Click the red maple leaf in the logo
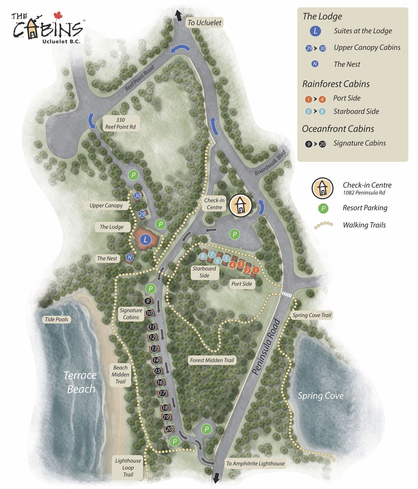58,15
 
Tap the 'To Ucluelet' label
204,23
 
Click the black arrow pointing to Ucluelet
178,15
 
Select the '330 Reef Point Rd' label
120,123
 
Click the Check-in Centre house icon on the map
240,205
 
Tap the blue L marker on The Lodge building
146,239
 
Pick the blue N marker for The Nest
130,257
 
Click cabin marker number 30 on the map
138,195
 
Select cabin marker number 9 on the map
148,301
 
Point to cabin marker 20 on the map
169,429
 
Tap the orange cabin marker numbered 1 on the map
256,270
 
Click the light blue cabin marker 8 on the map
203,256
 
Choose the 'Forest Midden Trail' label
212,360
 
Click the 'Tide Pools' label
56,319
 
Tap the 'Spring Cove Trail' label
312,315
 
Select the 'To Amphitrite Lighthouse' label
255,463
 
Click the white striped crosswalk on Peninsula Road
287,295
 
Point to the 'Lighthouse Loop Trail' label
128,468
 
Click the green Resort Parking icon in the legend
323,208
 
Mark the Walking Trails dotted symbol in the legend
324,225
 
